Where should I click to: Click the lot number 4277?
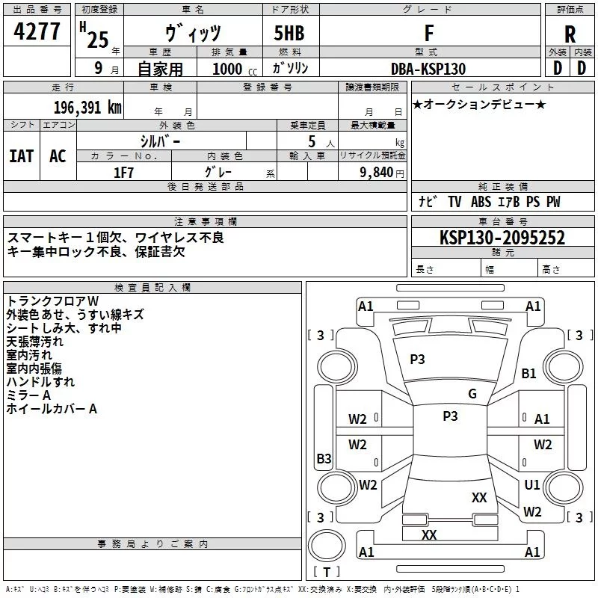(37, 33)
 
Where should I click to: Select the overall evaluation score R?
(570, 34)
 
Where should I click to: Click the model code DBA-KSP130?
(428, 69)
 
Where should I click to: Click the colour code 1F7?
(123, 171)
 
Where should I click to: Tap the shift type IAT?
(21, 156)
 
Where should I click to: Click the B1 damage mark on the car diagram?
(529, 373)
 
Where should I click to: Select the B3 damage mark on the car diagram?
(324, 458)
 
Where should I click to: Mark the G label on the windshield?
(472, 394)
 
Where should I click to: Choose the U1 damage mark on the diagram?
(532, 485)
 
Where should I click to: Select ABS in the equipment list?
(481, 202)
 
